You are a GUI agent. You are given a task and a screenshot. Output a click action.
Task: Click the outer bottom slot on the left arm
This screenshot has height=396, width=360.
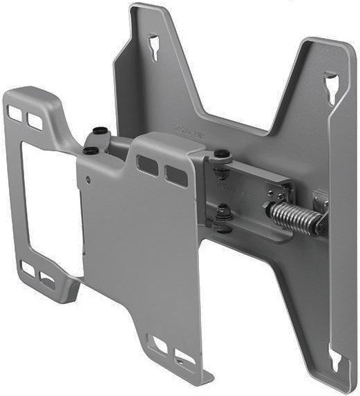28,270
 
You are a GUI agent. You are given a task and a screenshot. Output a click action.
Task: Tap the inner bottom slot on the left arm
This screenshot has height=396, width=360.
48,279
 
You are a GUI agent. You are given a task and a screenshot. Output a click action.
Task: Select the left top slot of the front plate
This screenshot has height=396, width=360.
146,164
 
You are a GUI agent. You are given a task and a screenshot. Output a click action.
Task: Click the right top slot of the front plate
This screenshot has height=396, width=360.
171,172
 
